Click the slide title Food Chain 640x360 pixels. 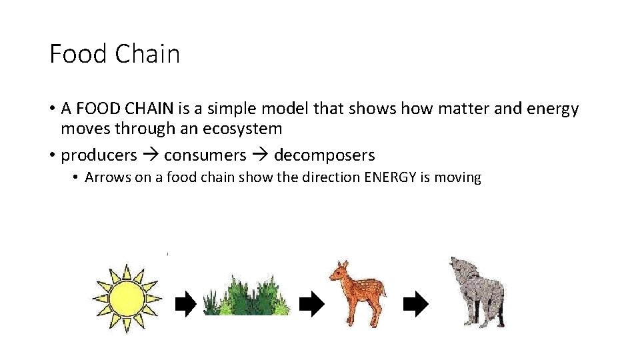click(115, 54)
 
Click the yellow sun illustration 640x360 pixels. click(126, 297)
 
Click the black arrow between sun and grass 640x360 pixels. click(185, 305)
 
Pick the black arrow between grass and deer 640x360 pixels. click(311, 305)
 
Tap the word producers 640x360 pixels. click(99, 155)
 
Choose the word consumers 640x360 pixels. click(205, 155)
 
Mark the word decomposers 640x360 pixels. click(324, 155)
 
